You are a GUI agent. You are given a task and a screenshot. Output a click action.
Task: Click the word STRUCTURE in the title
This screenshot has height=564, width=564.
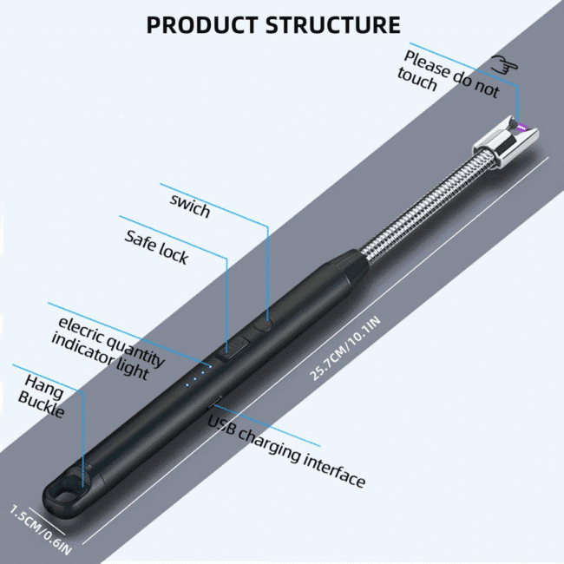click(333, 25)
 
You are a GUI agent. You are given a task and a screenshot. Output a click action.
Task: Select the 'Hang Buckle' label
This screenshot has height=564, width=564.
click(43, 395)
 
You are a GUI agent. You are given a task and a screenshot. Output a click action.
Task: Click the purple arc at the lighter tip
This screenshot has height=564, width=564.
click(520, 130)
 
